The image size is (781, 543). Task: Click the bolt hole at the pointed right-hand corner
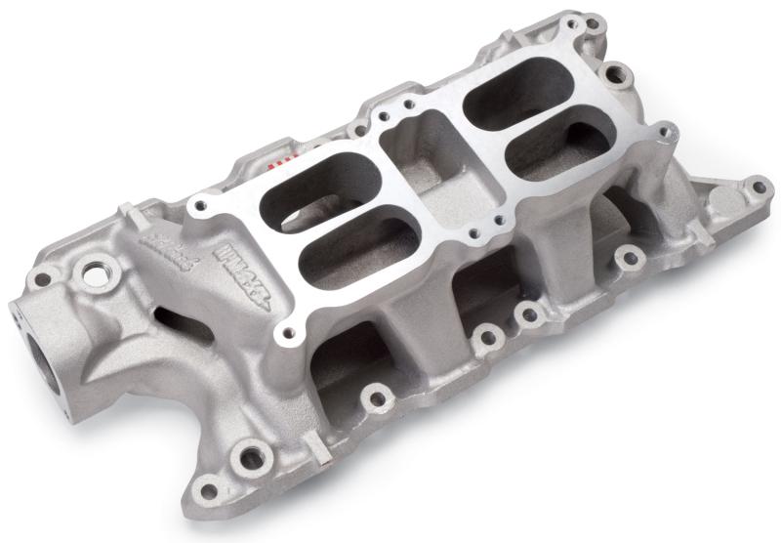tap(756, 186)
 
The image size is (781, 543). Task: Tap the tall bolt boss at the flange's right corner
tap(666, 133)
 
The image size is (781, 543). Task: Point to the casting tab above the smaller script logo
tap(128, 211)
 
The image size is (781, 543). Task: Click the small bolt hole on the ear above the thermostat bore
tap(42, 279)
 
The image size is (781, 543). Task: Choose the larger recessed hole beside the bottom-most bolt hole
tap(252, 455)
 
